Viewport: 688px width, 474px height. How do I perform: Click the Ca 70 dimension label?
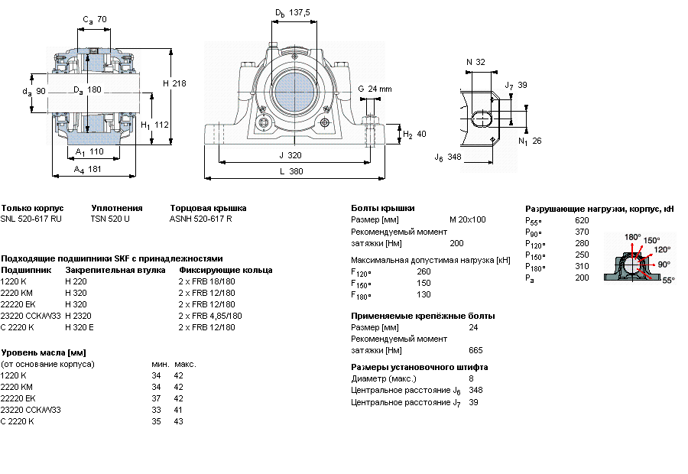coord(95,19)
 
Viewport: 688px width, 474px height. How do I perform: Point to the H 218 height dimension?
coord(174,83)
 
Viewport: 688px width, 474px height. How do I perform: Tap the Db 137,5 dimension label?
coord(292,13)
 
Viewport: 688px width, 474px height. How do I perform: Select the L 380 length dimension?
coord(291,171)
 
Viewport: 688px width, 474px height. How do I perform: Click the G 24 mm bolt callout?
coord(375,89)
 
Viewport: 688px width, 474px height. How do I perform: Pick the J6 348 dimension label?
coord(448,157)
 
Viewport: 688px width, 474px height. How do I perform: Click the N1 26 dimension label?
coord(530,141)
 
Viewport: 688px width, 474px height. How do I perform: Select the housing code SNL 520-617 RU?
coord(31,219)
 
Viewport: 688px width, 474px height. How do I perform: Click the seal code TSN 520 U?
coord(110,219)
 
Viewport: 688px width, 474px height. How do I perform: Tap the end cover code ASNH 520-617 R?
coord(200,219)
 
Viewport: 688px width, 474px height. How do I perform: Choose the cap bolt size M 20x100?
coord(468,219)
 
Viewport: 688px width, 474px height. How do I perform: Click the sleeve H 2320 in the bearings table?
coord(78,316)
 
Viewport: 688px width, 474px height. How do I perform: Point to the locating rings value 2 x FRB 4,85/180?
coord(210,316)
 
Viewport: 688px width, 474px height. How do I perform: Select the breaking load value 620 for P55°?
coord(582,220)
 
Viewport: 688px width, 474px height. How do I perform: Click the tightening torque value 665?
coord(475,350)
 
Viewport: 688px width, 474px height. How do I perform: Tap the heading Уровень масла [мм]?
coord(44,352)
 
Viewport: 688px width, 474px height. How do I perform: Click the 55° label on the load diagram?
coord(668,280)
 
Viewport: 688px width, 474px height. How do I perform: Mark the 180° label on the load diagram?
coord(633,237)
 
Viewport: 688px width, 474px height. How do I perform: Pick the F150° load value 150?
coord(424,283)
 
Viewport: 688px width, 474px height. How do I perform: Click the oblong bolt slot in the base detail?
coord(482,118)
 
